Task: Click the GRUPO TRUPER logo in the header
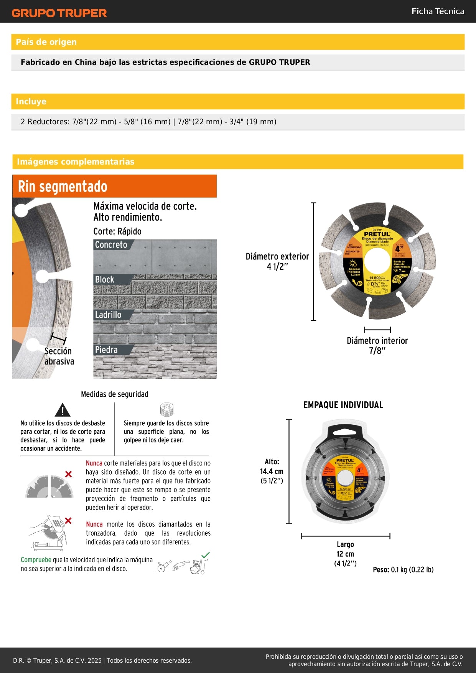tap(59, 13)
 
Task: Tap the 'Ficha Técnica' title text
tap(438, 11)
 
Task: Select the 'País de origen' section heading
tap(46, 42)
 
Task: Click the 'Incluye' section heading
tap(31, 101)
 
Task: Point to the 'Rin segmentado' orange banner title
tap(63, 186)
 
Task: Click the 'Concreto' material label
tap(111, 244)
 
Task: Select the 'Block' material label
tap(105, 279)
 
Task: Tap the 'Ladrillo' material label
tap(108, 315)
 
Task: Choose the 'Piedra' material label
tap(106, 350)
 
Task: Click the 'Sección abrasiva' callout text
tap(59, 356)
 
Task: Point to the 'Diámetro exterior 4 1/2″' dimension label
tap(277, 261)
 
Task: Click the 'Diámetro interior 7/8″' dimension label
tap(377, 345)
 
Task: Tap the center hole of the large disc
tap(377, 261)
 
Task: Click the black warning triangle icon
tap(62, 410)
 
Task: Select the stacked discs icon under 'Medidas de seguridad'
tap(167, 409)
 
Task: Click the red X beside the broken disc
tap(68, 474)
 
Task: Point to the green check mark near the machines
tap(206, 555)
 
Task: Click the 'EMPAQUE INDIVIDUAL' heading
tap(343, 405)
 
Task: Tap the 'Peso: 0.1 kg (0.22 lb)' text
tap(403, 569)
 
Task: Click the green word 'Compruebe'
tap(36, 560)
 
